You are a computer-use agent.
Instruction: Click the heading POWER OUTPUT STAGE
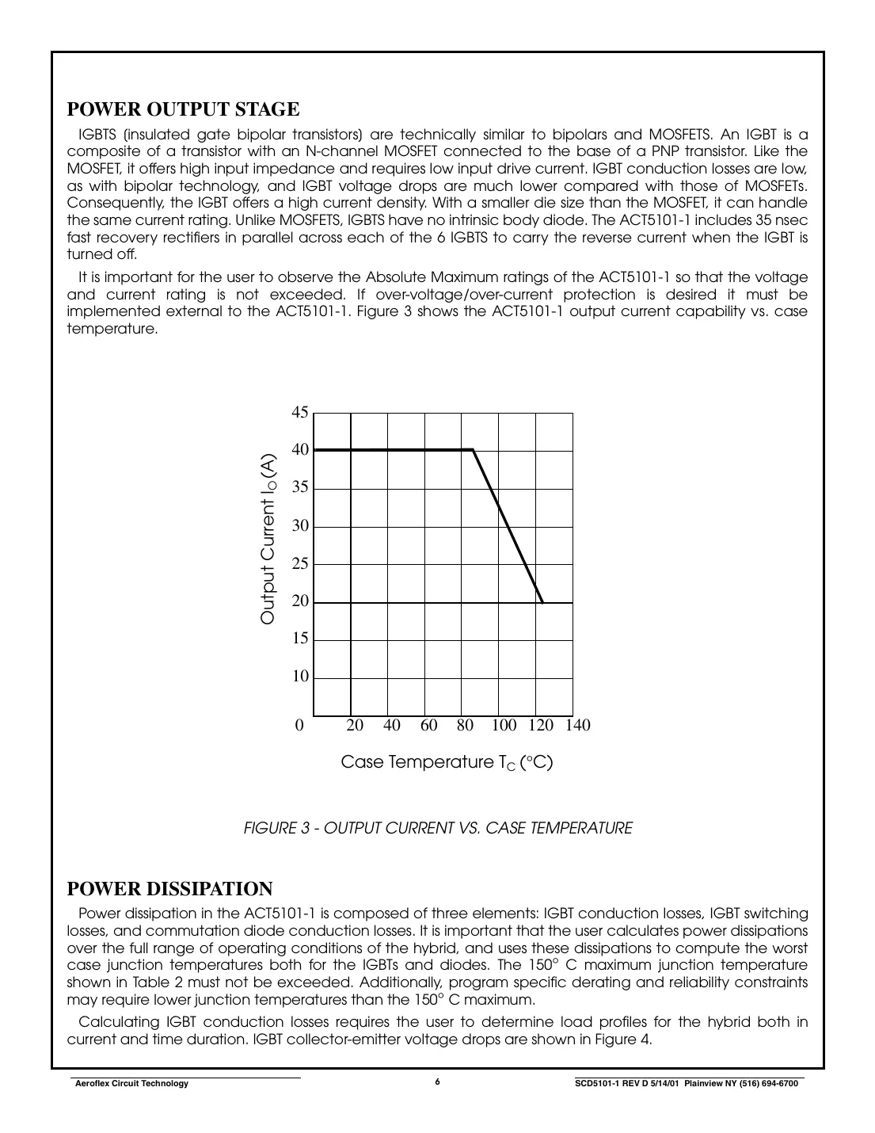(x=183, y=109)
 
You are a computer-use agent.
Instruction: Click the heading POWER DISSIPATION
(x=169, y=889)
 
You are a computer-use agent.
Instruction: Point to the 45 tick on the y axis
(x=300, y=412)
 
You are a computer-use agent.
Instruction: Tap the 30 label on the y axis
(x=300, y=526)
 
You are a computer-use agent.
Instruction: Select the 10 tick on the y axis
(x=300, y=677)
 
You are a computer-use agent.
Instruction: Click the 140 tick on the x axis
(x=578, y=726)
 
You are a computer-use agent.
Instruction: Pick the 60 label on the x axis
(x=428, y=726)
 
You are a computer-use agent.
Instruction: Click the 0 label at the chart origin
(x=299, y=726)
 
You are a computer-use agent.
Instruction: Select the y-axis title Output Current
(x=268, y=539)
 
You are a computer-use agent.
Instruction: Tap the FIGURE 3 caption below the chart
(x=437, y=829)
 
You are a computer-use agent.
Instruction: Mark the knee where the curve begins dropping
(x=473, y=450)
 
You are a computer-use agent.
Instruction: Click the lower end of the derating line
(x=542, y=602)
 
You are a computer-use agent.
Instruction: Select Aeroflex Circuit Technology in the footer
(x=131, y=1084)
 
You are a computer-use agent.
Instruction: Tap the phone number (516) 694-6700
(x=761, y=1084)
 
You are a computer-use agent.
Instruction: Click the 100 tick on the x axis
(x=504, y=726)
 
